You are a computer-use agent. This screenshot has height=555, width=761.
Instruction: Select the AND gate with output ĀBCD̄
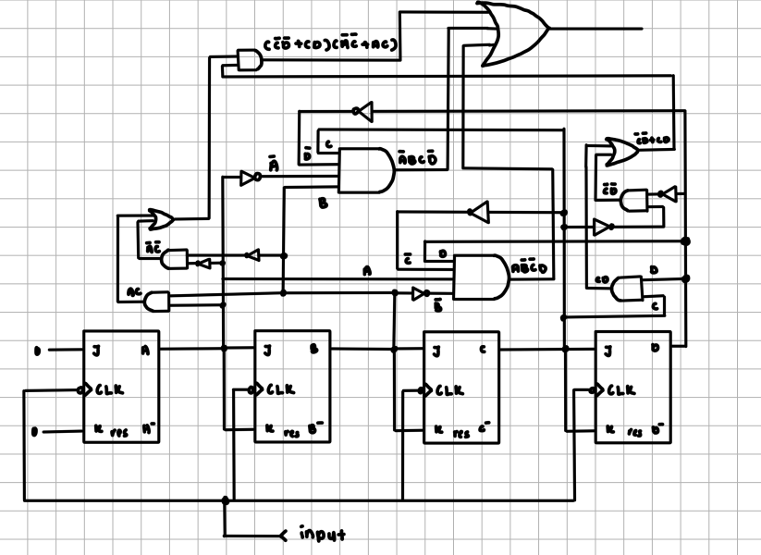click(x=365, y=169)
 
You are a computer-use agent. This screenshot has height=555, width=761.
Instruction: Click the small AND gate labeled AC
click(x=158, y=301)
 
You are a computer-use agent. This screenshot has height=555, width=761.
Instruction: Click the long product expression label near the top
click(x=330, y=45)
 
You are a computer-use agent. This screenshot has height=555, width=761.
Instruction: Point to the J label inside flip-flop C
click(x=436, y=351)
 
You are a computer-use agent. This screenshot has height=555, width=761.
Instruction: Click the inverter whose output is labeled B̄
click(x=420, y=293)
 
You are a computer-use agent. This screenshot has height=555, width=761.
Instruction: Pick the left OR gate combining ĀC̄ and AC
click(x=162, y=219)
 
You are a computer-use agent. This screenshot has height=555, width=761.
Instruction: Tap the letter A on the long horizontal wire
click(x=367, y=271)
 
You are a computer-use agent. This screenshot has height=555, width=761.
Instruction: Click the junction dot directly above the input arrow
click(x=225, y=500)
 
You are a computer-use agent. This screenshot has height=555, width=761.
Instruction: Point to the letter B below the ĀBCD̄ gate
click(x=323, y=203)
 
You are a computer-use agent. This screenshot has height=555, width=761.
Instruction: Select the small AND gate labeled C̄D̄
click(x=634, y=200)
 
